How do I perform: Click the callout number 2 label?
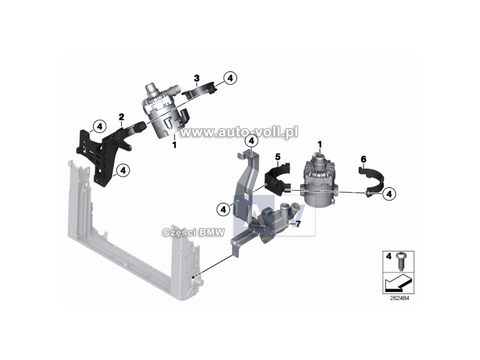(122, 117)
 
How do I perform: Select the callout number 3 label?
(197, 79)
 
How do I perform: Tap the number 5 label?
(278, 157)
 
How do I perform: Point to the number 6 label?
(364, 159)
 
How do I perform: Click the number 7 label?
(298, 224)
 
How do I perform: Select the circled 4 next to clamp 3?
(230, 79)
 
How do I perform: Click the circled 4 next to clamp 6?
(389, 193)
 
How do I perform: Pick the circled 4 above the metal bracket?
(251, 141)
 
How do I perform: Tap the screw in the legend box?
(400, 261)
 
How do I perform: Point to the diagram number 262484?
(399, 298)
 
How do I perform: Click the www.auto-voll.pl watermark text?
(239, 132)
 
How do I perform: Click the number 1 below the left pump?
(174, 145)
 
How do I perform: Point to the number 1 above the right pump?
(320, 144)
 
